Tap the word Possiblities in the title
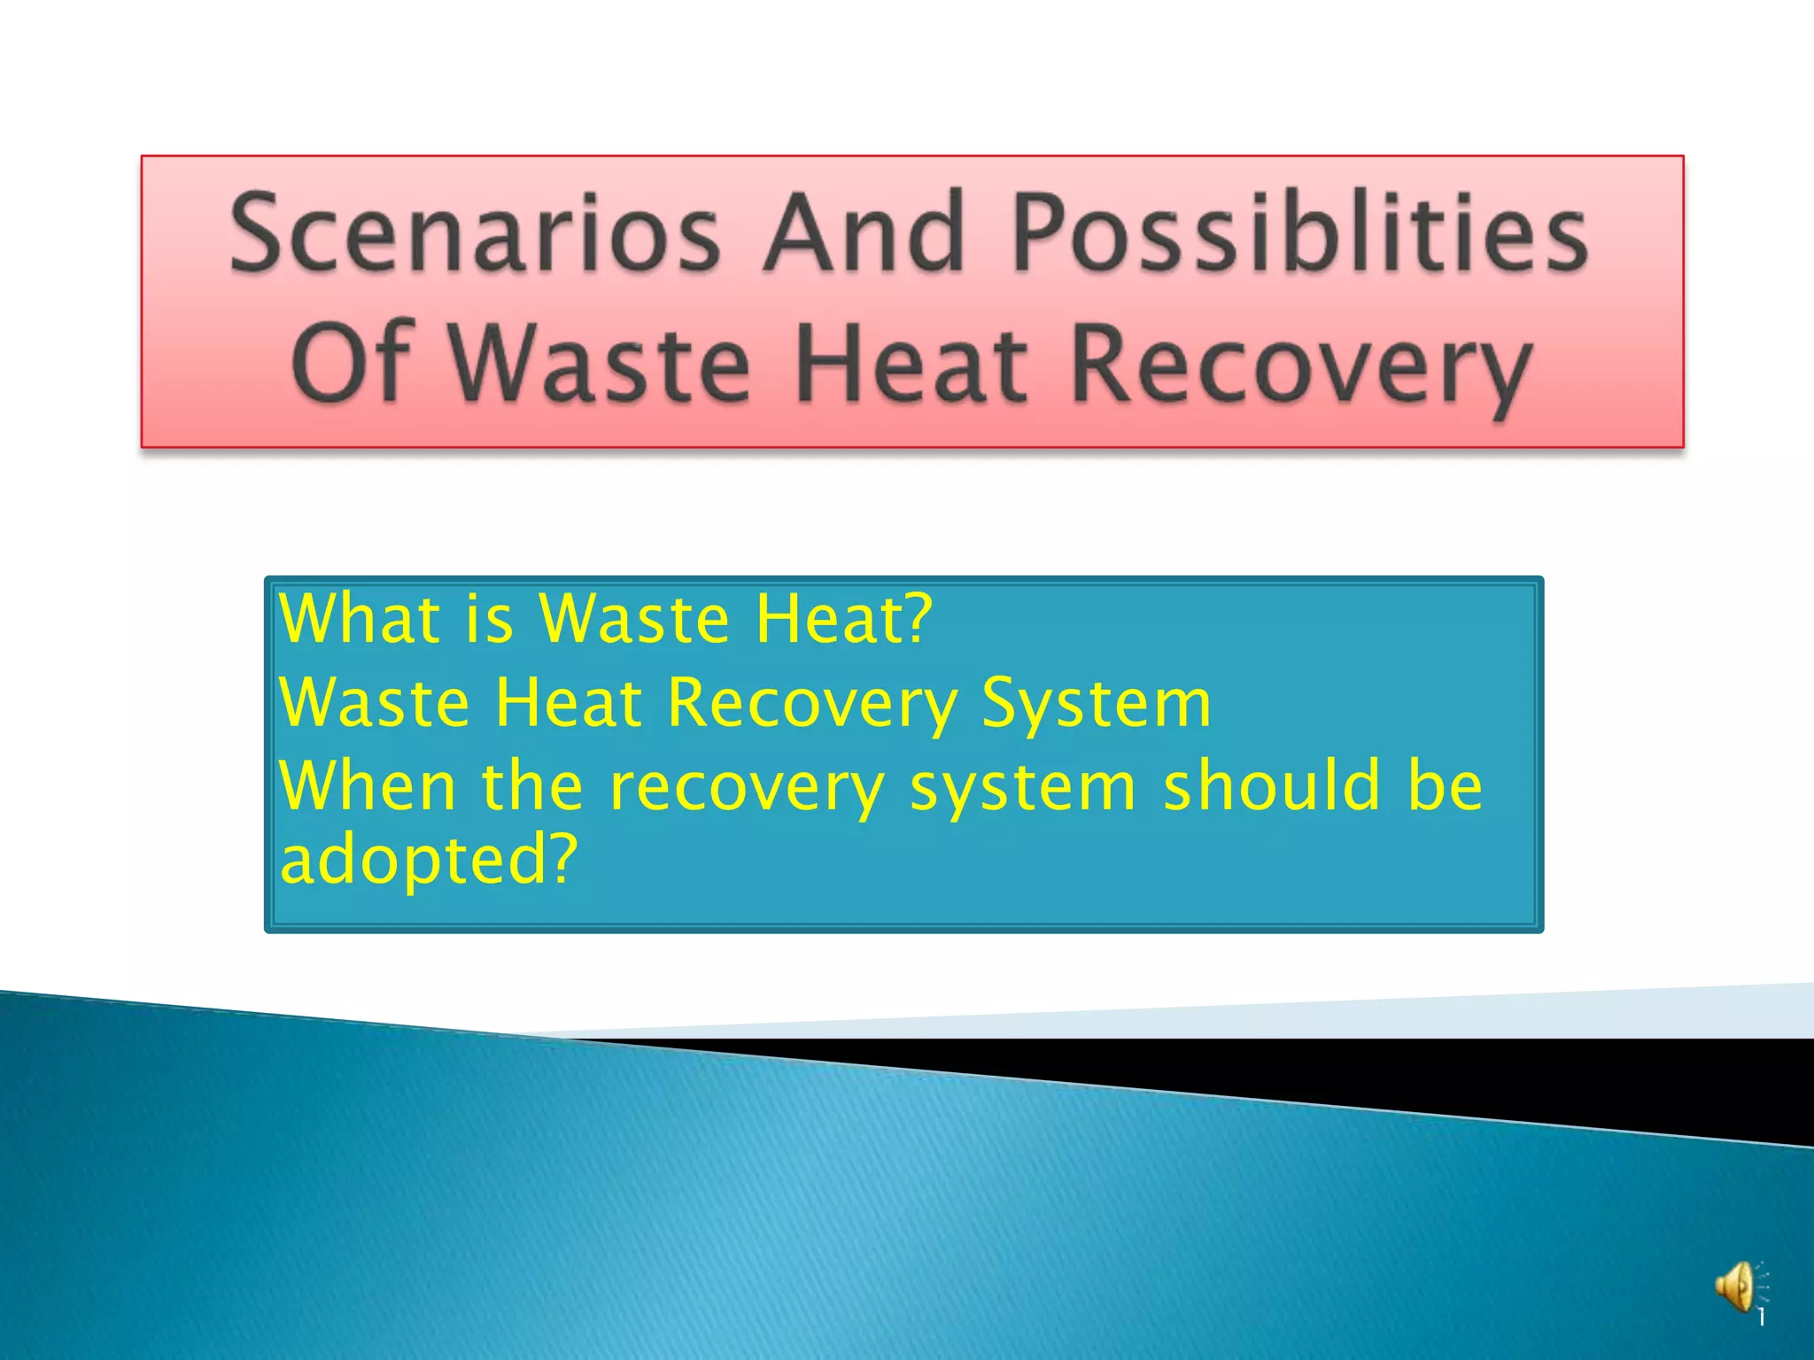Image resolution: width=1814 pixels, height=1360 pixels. (x=1299, y=233)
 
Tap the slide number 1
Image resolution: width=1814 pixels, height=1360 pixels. (x=1762, y=1318)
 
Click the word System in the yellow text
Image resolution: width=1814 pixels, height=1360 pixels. (x=1096, y=703)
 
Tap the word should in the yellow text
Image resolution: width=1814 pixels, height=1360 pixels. (x=1272, y=786)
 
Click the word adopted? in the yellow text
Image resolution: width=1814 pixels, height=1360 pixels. (x=429, y=861)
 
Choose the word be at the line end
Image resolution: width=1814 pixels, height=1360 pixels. (x=1445, y=786)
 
